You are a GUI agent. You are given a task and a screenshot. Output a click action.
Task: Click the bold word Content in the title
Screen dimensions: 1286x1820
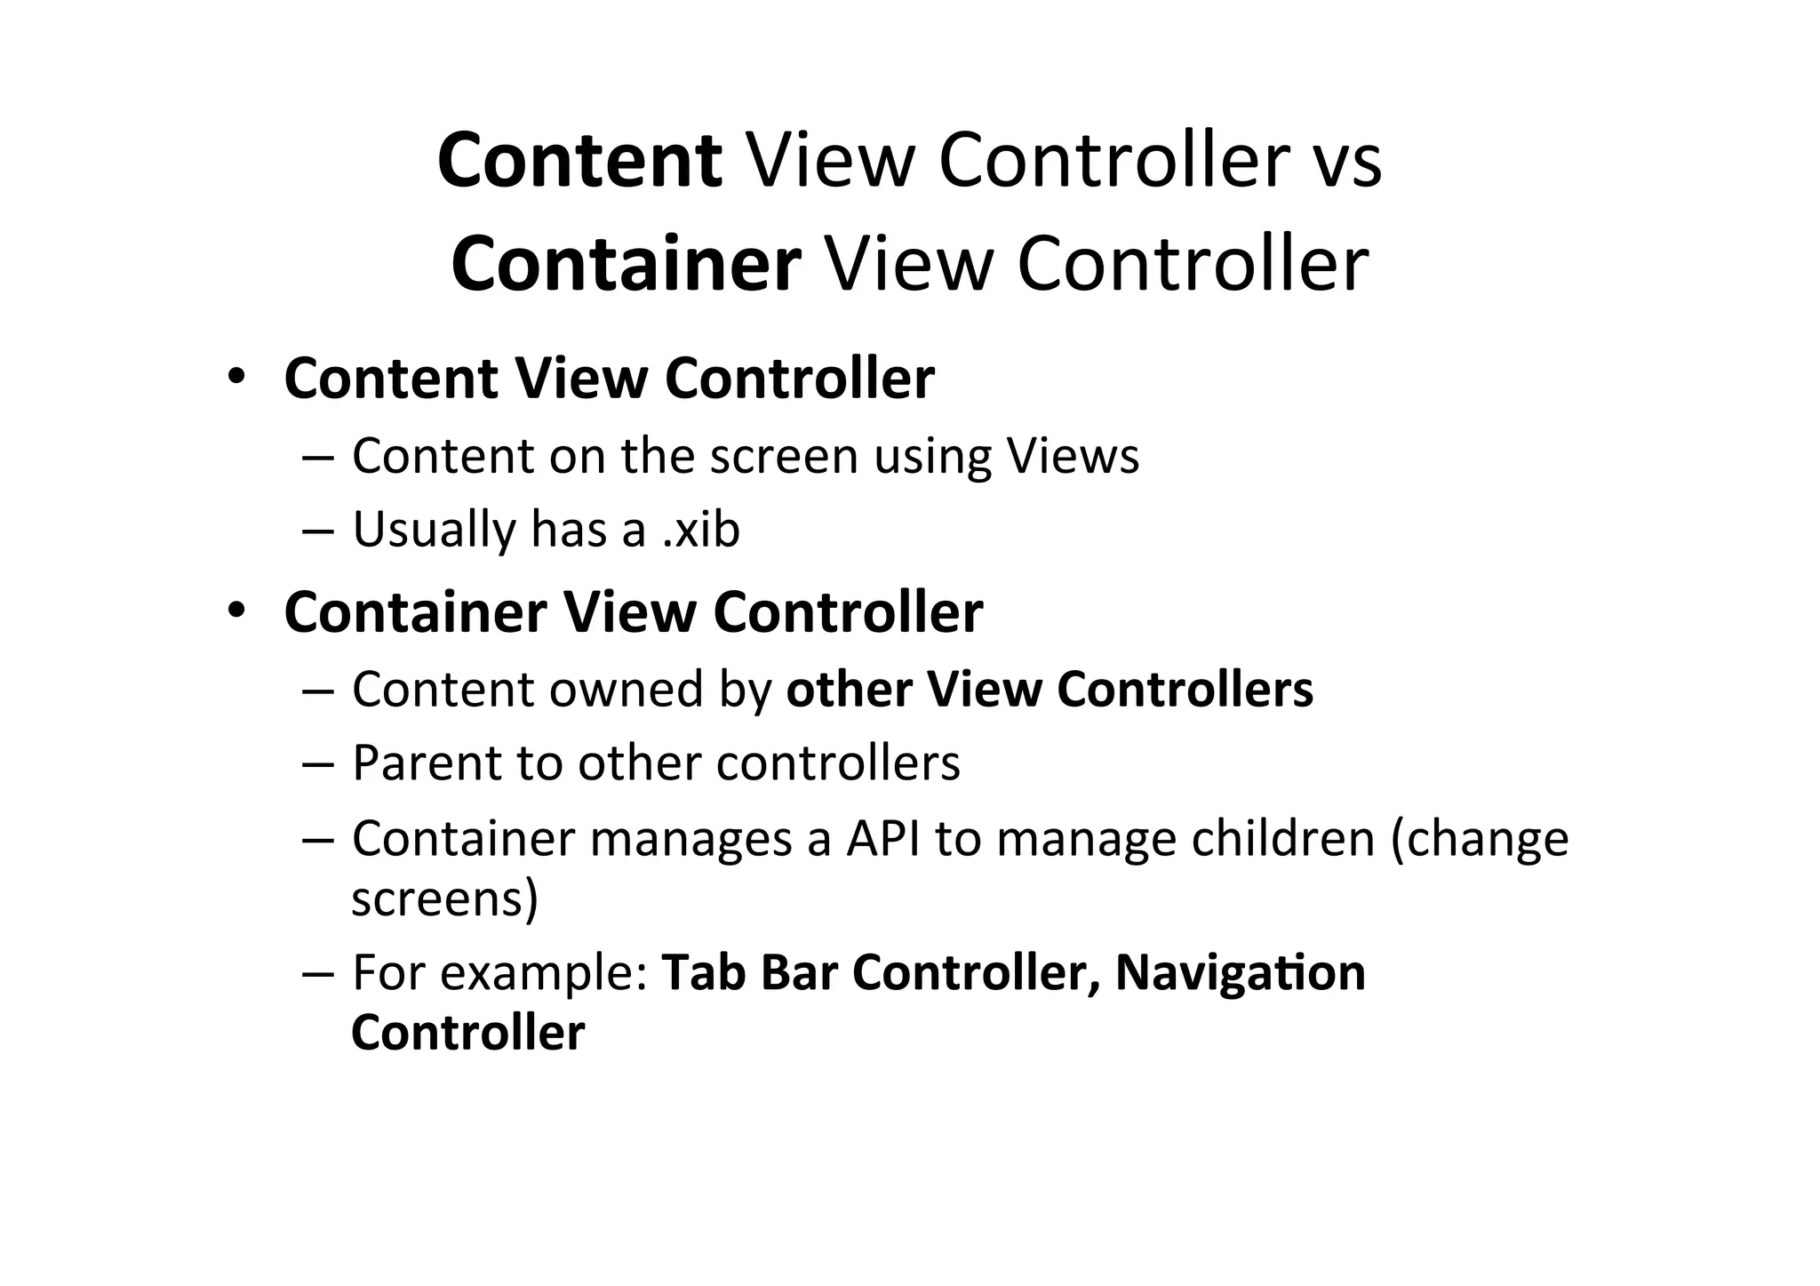tap(579, 161)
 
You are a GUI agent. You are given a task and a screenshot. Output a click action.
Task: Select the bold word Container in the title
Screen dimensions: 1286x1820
tap(627, 264)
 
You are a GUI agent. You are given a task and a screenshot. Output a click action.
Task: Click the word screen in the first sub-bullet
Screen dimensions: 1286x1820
tap(784, 456)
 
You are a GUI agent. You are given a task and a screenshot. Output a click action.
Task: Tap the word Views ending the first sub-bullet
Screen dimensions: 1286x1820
tap(1072, 456)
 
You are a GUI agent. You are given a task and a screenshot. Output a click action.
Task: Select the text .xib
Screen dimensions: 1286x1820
tap(701, 530)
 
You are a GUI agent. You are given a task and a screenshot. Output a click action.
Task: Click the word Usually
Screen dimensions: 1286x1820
tap(434, 530)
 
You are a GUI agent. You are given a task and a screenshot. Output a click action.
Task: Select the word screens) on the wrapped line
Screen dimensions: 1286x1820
tap(445, 899)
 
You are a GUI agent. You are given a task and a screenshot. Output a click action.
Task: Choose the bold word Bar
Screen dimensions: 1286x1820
tap(799, 972)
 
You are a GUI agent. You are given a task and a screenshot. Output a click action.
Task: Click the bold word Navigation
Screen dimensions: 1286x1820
tap(1240, 972)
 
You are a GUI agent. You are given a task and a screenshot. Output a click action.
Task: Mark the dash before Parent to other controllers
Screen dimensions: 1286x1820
tap(315, 763)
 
